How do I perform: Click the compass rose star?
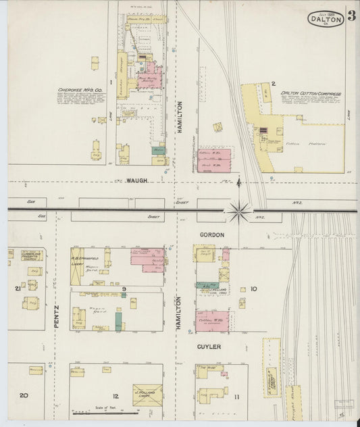238,211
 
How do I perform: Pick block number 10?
253,288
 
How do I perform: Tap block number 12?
115,395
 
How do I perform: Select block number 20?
24,395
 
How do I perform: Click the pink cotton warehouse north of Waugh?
214,159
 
